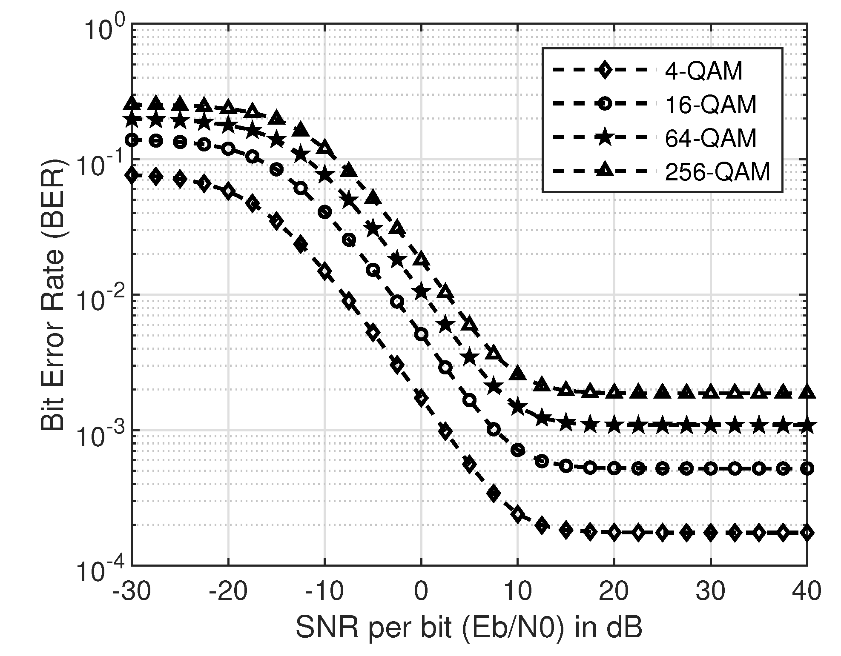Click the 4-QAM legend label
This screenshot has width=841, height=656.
[x=704, y=71]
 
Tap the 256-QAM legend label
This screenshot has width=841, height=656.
[x=718, y=172]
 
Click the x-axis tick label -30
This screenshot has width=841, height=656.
[x=132, y=591]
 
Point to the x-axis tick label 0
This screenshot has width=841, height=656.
[x=421, y=591]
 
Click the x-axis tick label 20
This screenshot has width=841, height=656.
[x=614, y=591]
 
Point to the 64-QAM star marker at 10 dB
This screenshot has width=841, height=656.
[x=518, y=407]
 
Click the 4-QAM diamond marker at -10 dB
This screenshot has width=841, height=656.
[x=325, y=271]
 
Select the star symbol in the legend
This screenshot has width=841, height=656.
[x=604, y=138]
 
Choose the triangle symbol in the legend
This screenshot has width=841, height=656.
[x=604, y=171]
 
